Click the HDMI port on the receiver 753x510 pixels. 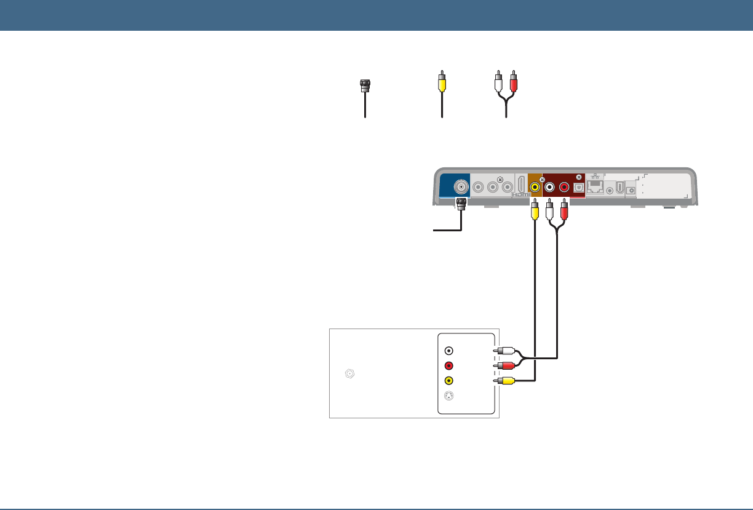tap(521, 185)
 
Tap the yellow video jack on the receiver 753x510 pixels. tap(535, 188)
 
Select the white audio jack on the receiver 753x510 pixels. tap(549, 188)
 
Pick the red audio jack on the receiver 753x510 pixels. tap(564, 188)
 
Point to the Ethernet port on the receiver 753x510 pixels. tap(596, 188)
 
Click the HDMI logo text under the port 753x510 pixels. tap(521, 195)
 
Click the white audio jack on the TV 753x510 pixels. tap(449, 351)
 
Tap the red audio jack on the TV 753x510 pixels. tap(449, 365)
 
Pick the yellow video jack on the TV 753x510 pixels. tap(449, 380)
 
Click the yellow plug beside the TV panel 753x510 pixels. tap(506, 381)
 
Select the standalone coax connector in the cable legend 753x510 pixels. tap(365, 86)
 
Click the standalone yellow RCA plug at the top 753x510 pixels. tap(441, 81)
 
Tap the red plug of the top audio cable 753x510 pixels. tap(514, 81)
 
